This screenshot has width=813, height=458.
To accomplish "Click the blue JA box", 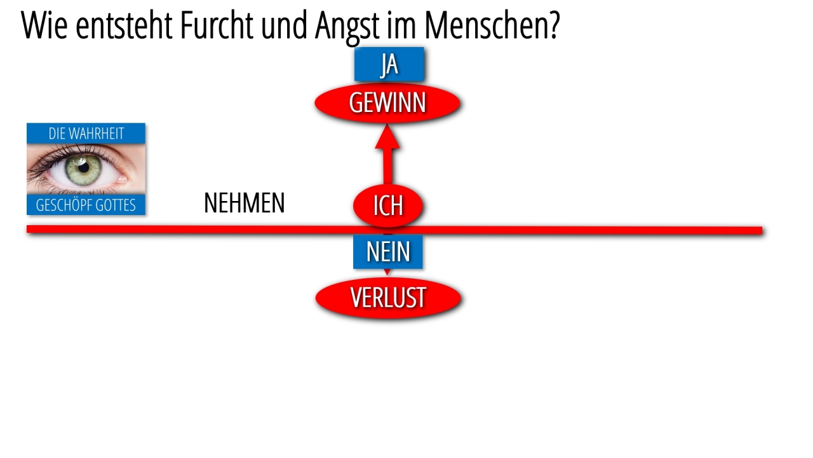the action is click(389, 64).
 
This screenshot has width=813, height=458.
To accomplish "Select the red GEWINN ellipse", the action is click(387, 103).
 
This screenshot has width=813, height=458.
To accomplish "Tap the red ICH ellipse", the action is click(388, 205).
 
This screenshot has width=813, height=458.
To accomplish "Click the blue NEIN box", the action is click(388, 251).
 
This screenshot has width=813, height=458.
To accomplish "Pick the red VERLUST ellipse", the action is click(388, 298).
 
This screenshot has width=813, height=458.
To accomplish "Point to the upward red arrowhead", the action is click(387, 136).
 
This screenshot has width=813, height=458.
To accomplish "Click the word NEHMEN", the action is click(245, 203).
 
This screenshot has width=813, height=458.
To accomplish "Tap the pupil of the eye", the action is click(84, 167).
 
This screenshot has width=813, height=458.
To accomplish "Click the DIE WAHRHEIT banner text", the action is click(86, 134).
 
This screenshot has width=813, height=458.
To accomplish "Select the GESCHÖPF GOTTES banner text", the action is click(86, 205).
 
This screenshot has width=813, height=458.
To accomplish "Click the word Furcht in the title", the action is click(217, 25).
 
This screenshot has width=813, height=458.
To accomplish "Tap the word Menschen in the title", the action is click(492, 25).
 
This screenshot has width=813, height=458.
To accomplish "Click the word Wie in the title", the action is click(44, 25).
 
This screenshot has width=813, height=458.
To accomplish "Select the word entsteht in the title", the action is click(124, 25).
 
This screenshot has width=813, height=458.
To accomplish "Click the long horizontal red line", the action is click(394, 230).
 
